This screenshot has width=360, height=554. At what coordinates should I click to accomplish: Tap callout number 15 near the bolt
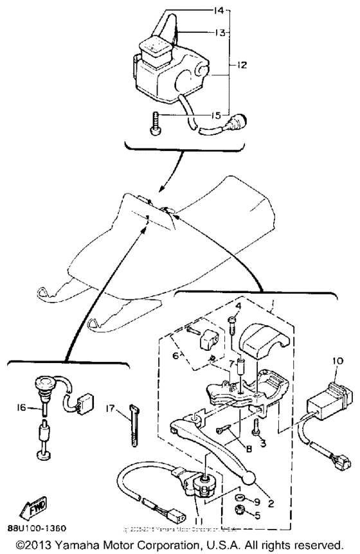[x=216, y=116]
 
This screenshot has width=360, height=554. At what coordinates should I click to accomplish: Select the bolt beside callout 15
[x=156, y=121]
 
